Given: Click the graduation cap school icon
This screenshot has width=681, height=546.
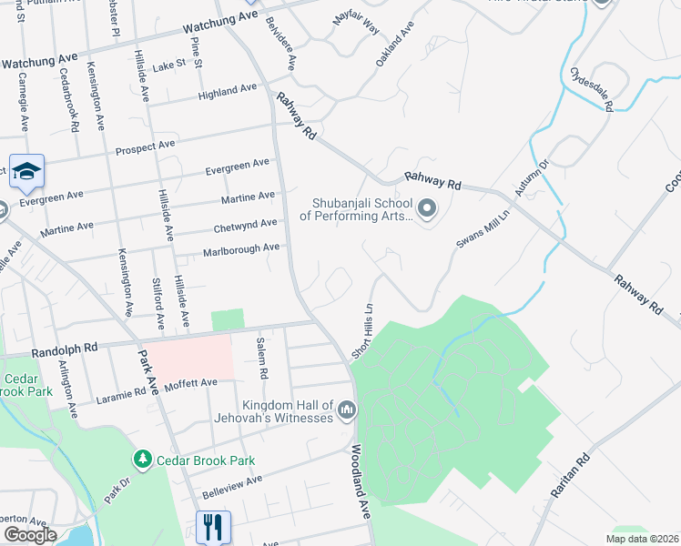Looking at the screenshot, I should click(26, 170).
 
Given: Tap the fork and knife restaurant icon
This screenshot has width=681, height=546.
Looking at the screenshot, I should click(213, 526).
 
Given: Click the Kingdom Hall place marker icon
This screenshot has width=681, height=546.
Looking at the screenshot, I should click(346, 412).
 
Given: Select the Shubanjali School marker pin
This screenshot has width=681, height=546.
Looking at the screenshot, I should click(429, 211).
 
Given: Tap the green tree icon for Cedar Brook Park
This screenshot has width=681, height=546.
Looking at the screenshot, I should click(141, 458).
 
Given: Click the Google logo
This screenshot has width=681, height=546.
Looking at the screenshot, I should click(30, 534).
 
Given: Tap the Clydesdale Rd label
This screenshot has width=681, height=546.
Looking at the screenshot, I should click(591, 87).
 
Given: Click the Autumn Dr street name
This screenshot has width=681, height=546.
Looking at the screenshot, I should click(533, 177).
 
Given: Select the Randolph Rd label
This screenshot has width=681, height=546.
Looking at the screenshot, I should click(64, 348).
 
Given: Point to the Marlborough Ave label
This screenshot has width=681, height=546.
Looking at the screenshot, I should click(240, 248).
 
